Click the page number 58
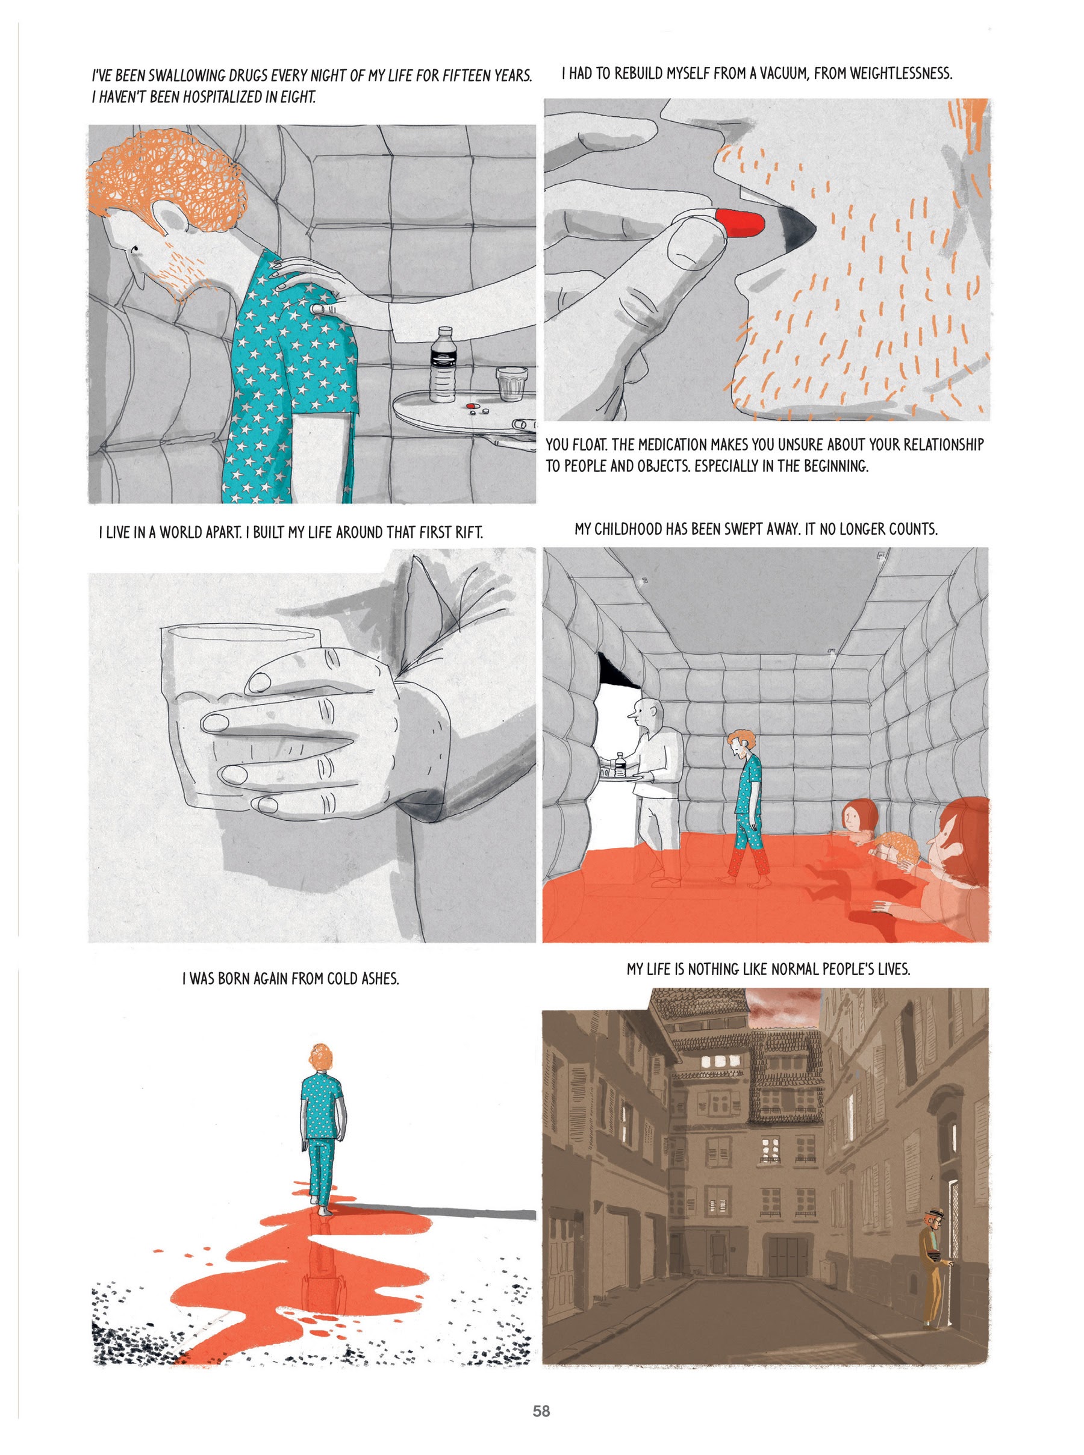[541, 1410]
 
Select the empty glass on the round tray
[511, 384]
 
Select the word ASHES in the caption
[380, 979]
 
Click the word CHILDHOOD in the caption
[624, 529]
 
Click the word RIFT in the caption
[469, 532]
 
